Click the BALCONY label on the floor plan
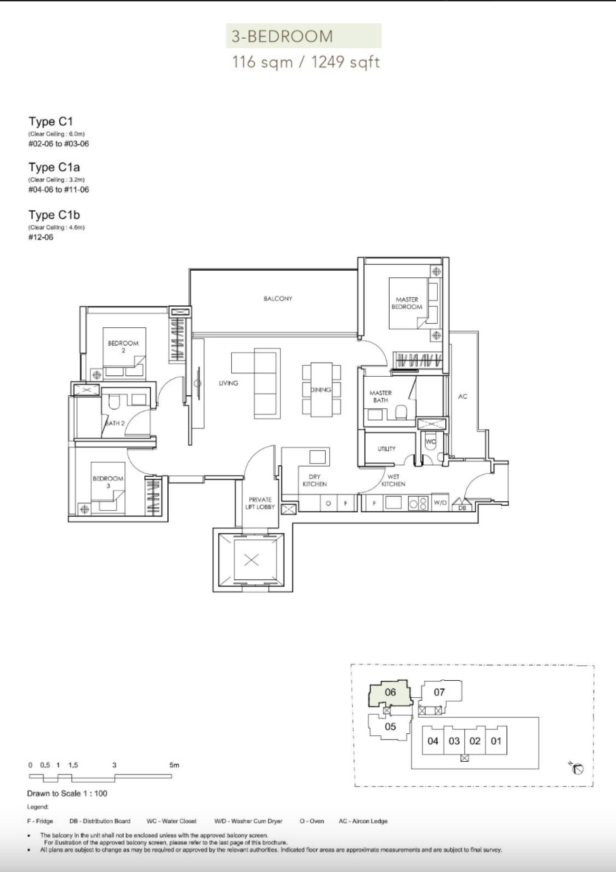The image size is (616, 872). pos(277,299)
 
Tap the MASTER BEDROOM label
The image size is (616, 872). pos(407,303)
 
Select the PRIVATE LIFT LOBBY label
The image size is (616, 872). pos(260,503)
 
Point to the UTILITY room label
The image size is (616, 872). pos(386,449)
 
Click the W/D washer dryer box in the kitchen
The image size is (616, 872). pos(440,503)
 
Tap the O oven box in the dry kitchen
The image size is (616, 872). pos(328,503)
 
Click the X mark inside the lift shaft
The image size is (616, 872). pos(252,560)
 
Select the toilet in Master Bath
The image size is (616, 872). pos(401,412)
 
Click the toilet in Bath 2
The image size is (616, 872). pos(114,402)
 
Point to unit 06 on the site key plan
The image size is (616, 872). pos(390,692)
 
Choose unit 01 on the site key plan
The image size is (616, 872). pos(496,741)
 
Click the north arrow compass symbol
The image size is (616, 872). pos(577,769)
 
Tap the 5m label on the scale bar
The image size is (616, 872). pos(174,765)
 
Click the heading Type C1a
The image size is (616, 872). pos(54,167)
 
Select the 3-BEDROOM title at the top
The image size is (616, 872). pos(282,36)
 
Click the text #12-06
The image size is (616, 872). pos(41,237)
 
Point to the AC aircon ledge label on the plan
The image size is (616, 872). pos(462,397)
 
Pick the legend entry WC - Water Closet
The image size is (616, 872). pos(171,821)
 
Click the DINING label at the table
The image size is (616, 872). pos(321,390)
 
